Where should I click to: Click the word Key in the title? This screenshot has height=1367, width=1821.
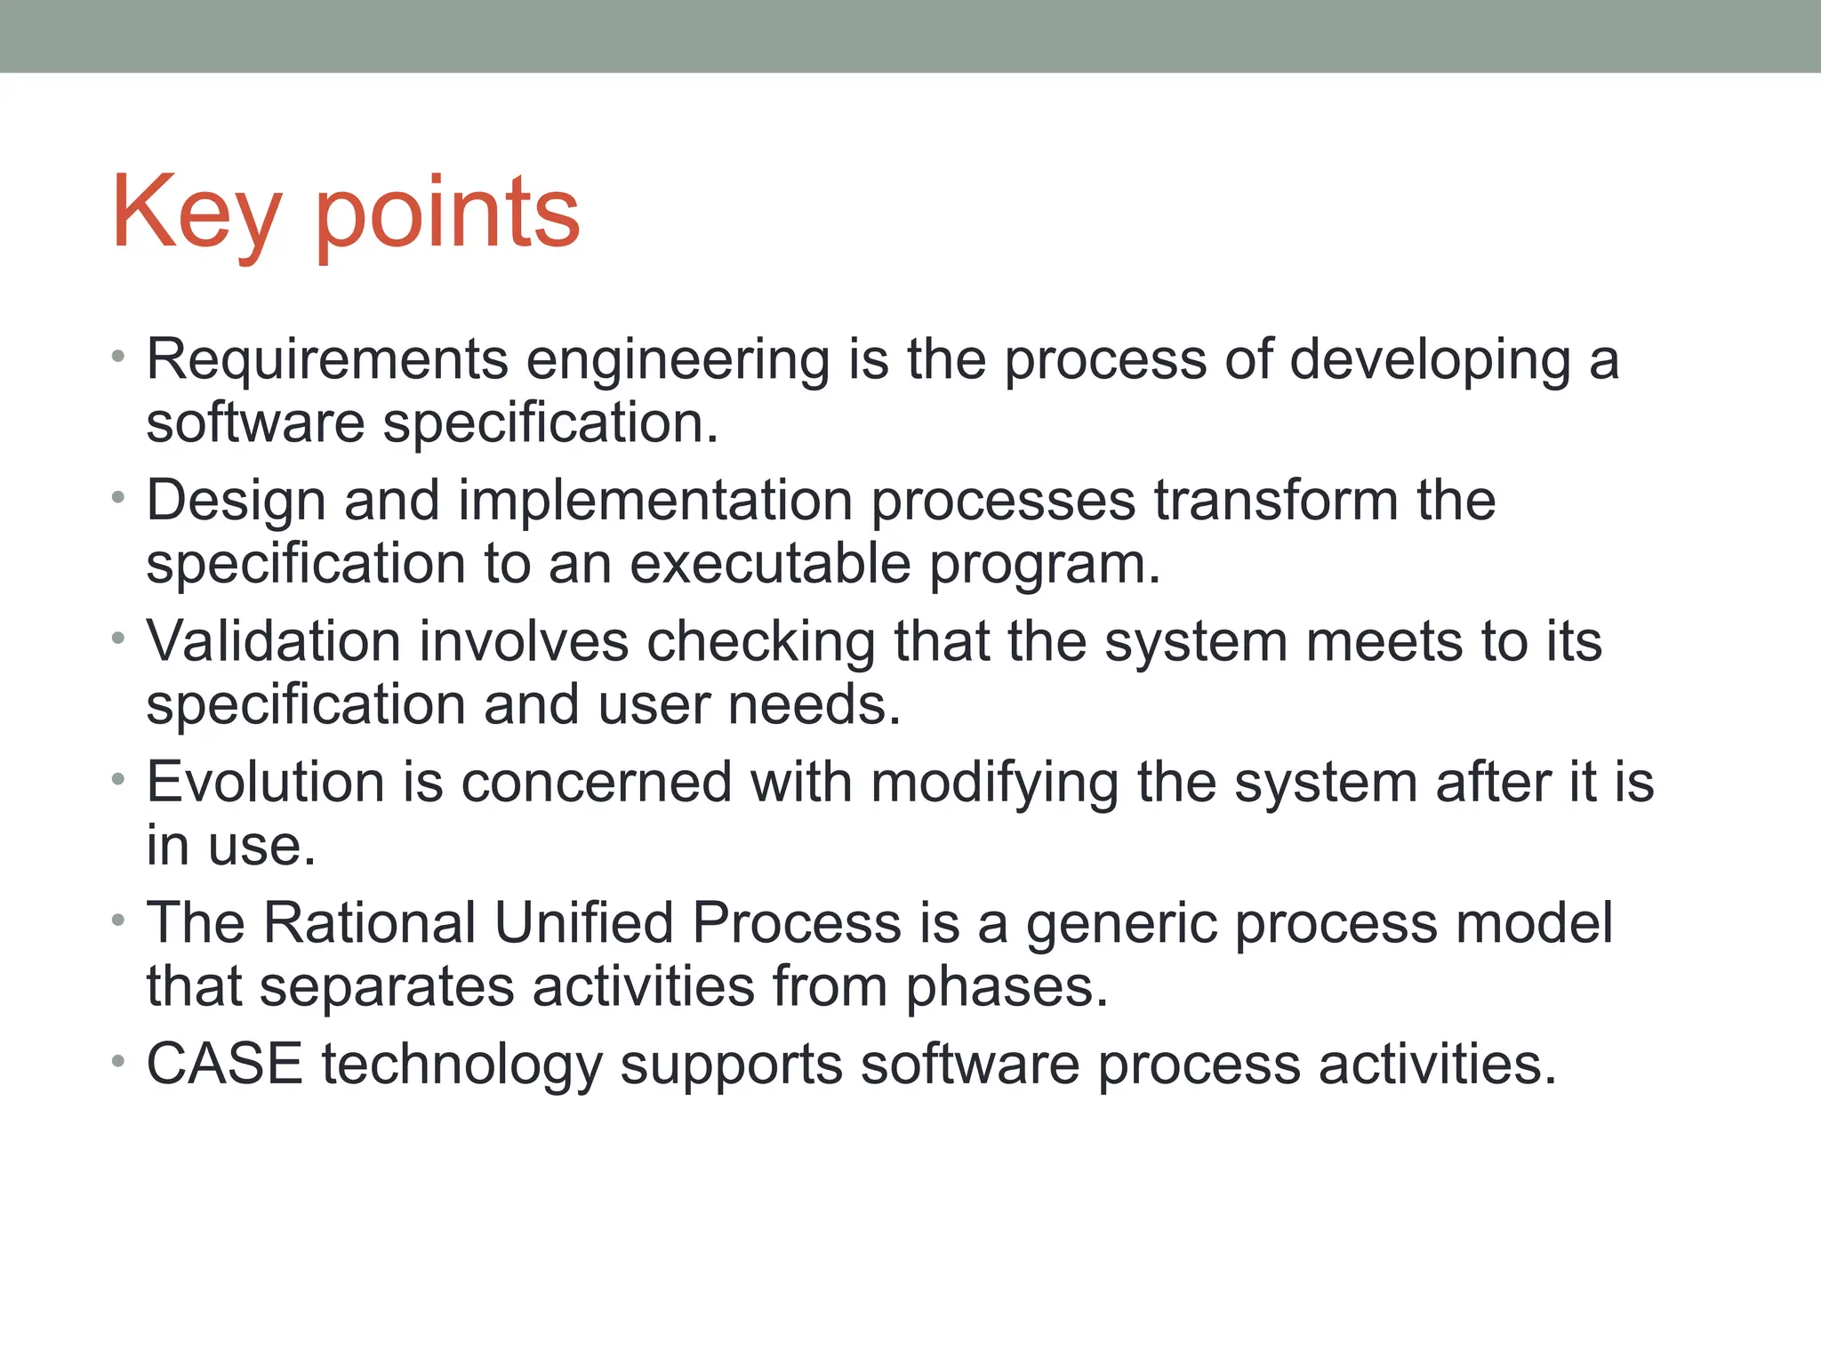[x=196, y=213]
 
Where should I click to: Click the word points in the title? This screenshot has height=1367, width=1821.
[x=447, y=213]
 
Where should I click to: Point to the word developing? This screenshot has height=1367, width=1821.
[x=1429, y=361]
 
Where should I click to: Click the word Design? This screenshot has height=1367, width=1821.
[x=235, y=501]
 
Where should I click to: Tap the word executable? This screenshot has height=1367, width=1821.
[x=770, y=564]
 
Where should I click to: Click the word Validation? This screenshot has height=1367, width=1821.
[x=273, y=641]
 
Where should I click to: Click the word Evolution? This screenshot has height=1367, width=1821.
[x=266, y=782]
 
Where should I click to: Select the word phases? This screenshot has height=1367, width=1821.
[x=1007, y=987]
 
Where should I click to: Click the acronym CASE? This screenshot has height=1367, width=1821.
[x=224, y=1064]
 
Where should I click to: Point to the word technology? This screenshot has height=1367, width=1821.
[x=461, y=1065]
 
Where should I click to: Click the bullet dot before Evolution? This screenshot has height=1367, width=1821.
[x=117, y=780]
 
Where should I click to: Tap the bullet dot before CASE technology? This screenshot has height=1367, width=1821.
[x=117, y=1061]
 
